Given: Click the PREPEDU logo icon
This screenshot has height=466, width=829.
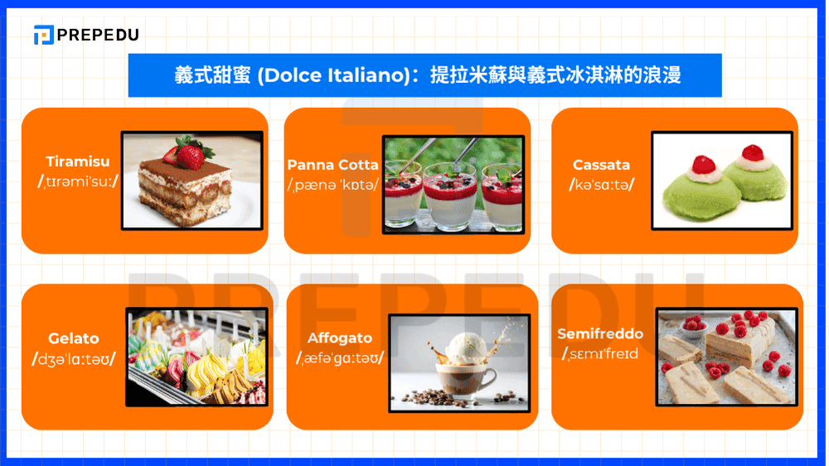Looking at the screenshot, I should point(43,35).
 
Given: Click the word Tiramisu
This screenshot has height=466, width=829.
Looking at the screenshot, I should point(78,162).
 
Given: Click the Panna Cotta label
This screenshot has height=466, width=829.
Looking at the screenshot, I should point(332,164).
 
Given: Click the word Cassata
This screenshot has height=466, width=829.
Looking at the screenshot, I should point(601,165).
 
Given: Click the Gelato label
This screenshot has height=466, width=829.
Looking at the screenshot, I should point(73,338).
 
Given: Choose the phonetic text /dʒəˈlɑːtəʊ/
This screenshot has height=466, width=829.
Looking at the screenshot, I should point(73,359).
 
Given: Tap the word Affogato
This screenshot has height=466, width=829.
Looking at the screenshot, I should point(340,338).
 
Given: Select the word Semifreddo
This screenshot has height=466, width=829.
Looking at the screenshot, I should point(600,334).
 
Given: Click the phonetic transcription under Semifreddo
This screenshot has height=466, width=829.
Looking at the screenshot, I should point(600,354).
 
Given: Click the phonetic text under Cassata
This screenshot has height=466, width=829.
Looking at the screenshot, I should point(601,184).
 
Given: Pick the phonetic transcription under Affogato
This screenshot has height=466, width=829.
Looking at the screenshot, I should point(340,358).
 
